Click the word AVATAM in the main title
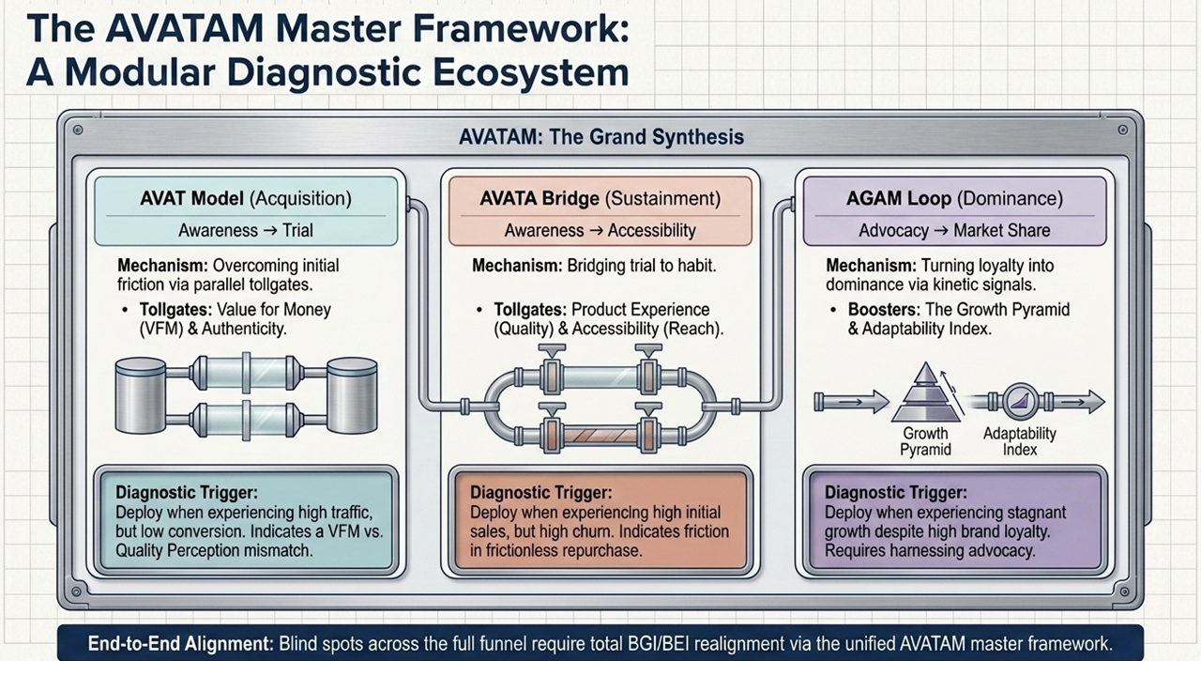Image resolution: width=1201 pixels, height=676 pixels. point(185,28)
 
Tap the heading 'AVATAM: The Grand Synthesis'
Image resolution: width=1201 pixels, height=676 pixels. point(601,137)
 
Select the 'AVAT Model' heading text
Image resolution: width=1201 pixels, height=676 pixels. point(192,198)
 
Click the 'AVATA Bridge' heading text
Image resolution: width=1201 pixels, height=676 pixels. point(540,198)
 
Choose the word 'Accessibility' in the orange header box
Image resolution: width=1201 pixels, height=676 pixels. point(651,231)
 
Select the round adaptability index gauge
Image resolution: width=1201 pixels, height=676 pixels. point(1020,401)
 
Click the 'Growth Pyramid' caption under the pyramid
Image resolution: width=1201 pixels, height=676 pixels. point(925,441)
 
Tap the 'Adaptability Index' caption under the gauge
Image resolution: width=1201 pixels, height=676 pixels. point(1019,441)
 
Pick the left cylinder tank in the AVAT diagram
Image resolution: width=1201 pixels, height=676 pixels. point(141,395)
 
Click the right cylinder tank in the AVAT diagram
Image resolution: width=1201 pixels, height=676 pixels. point(352,395)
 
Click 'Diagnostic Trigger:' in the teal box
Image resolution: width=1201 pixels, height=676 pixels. point(187,493)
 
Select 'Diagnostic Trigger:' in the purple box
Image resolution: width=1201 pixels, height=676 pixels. point(896,493)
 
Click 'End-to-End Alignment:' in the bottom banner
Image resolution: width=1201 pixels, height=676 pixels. point(181,643)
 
